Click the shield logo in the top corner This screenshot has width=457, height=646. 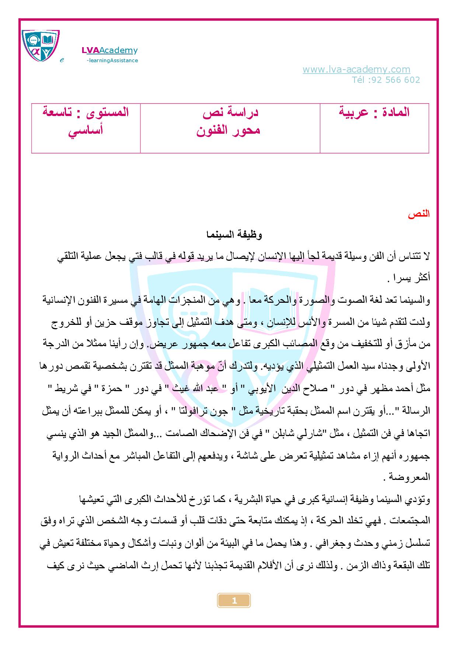41,46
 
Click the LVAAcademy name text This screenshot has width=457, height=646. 109,50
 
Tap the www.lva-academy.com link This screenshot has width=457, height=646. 356,69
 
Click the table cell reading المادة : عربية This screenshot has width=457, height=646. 374,112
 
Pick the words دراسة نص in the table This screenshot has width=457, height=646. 230,112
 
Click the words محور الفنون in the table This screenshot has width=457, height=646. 228,130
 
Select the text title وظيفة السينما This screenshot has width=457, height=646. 234,235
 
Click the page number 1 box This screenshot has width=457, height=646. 234,601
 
